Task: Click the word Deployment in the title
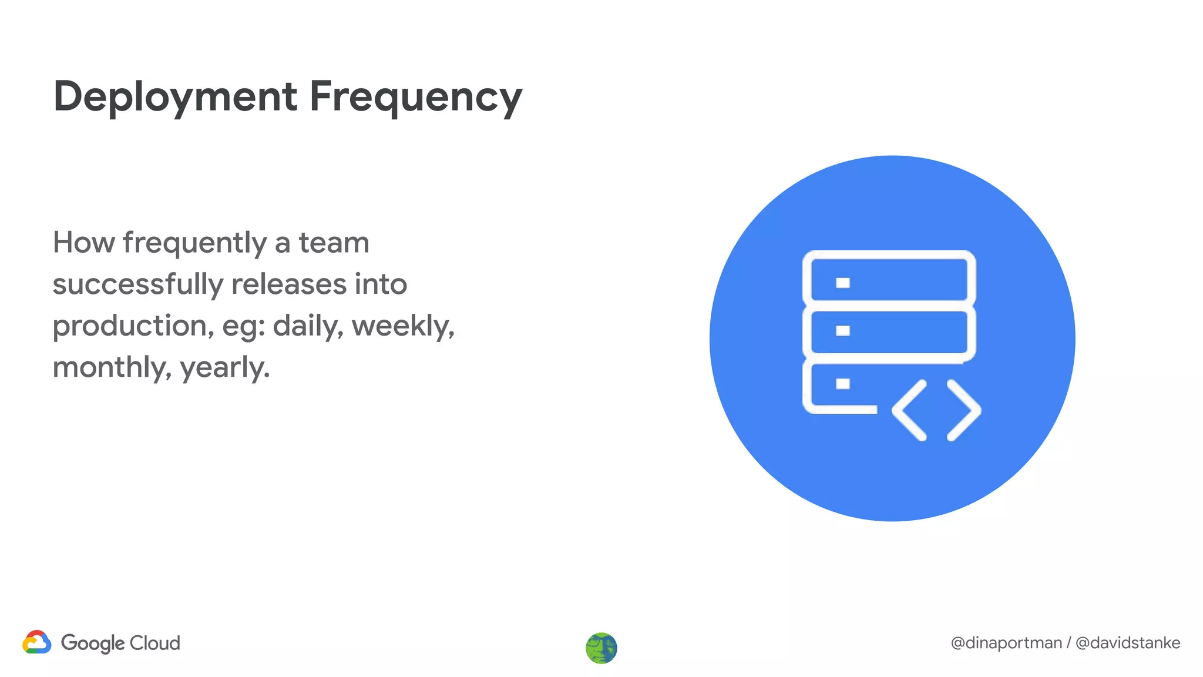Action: point(175,97)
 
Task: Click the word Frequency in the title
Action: point(415,97)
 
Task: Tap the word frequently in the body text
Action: point(195,243)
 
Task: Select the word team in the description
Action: point(334,242)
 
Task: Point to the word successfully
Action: point(137,284)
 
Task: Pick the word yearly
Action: point(224,368)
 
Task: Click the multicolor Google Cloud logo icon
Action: point(37,642)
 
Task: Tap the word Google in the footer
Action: point(92,643)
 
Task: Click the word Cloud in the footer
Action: point(154,643)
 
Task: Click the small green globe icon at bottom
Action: point(601,648)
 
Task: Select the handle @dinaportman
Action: point(1006,643)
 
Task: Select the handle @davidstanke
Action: point(1128,643)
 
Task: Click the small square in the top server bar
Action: point(843,283)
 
